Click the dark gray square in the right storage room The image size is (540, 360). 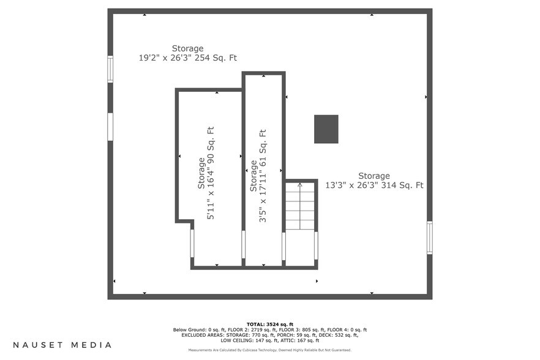click(x=326, y=129)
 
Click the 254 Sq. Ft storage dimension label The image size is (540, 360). click(x=187, y=58)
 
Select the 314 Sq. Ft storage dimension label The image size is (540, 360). click(x=374, y=186)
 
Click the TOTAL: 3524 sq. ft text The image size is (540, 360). click(x=270, y=324)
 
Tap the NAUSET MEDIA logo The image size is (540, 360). click(x=62, y=345)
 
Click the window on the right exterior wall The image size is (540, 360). click(x=430, y=238)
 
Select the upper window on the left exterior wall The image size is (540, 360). click(x=110, y=69)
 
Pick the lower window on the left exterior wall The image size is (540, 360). click(x=110, y=127)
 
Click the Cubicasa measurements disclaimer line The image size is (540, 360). click(x=270, y=350)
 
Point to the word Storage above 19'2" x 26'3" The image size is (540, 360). click(x=187, y=48)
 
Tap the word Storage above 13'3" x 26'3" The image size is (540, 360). click(x=374, y=176)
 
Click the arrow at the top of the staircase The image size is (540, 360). click(x=300, y=184)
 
